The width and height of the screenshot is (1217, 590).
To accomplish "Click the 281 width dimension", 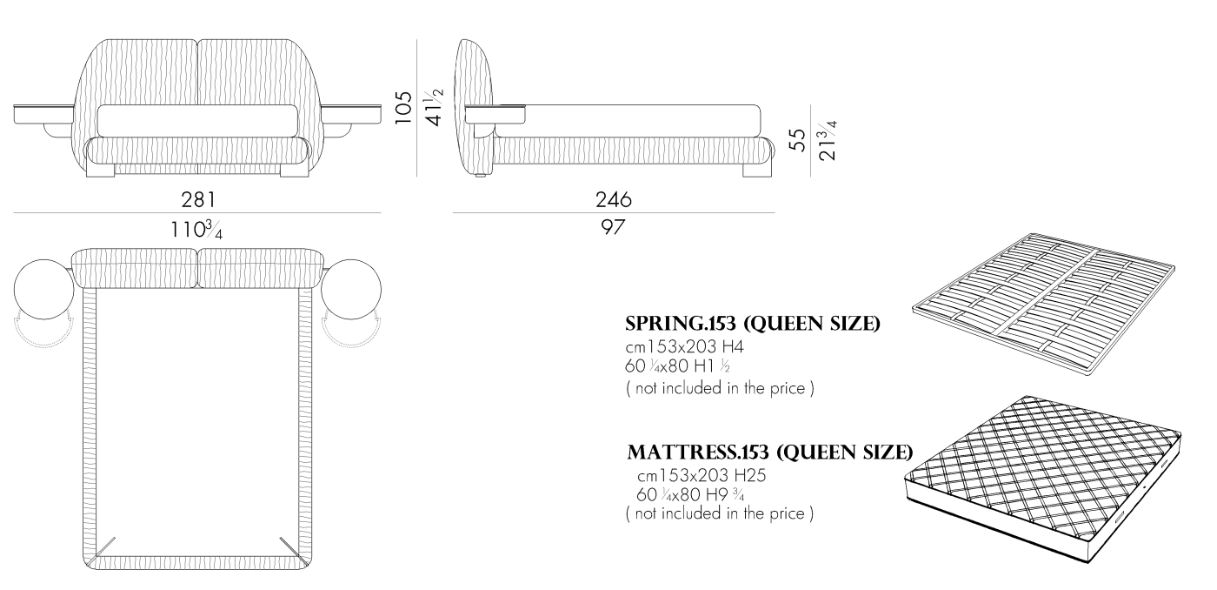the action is click(198, 199).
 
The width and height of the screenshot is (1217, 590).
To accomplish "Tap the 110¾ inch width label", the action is click(196, 230).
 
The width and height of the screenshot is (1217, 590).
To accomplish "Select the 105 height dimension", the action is click(403, 108).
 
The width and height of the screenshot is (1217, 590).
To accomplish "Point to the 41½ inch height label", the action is click(435, 107).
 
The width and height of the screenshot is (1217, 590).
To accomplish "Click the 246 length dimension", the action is click(614, 199).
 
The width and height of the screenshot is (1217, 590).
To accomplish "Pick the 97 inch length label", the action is click(613, 227).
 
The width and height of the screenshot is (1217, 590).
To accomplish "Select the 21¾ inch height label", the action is click(828, 140).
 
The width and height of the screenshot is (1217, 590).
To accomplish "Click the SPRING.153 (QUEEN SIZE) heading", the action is click(753, 324).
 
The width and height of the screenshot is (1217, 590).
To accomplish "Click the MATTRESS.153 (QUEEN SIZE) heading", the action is click(770, 452).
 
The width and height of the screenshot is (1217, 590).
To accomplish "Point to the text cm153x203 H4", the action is click(685, 346).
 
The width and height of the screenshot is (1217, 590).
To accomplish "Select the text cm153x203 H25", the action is click(702, 476).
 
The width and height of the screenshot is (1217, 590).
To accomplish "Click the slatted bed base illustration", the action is click(1043, 305).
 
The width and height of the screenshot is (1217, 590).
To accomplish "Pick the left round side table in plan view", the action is click(43, 289).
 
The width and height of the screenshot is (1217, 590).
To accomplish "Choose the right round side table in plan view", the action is click(351, 289).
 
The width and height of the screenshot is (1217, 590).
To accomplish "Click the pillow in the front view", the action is click(198, 121).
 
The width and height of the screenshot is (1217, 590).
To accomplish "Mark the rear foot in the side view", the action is click(757, 170).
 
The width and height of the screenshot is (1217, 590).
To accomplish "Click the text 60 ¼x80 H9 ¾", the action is click(690, 495).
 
